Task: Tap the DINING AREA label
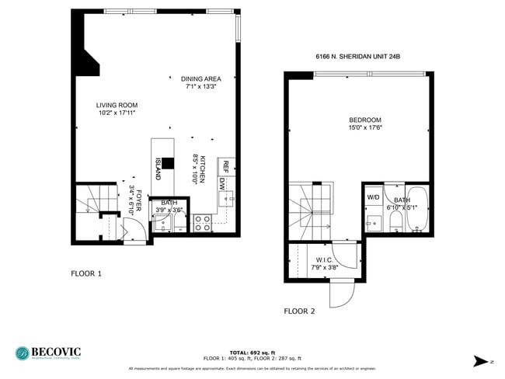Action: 201,78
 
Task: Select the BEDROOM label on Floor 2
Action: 364,120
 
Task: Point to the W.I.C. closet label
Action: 324,259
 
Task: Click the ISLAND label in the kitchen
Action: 158,168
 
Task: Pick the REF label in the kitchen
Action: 225,165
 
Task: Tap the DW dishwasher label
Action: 221,184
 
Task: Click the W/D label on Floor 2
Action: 373,197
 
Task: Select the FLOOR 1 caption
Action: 86,273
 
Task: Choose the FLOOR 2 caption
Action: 299,311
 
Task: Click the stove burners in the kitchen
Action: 202,224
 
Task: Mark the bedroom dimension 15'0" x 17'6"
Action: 364,127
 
